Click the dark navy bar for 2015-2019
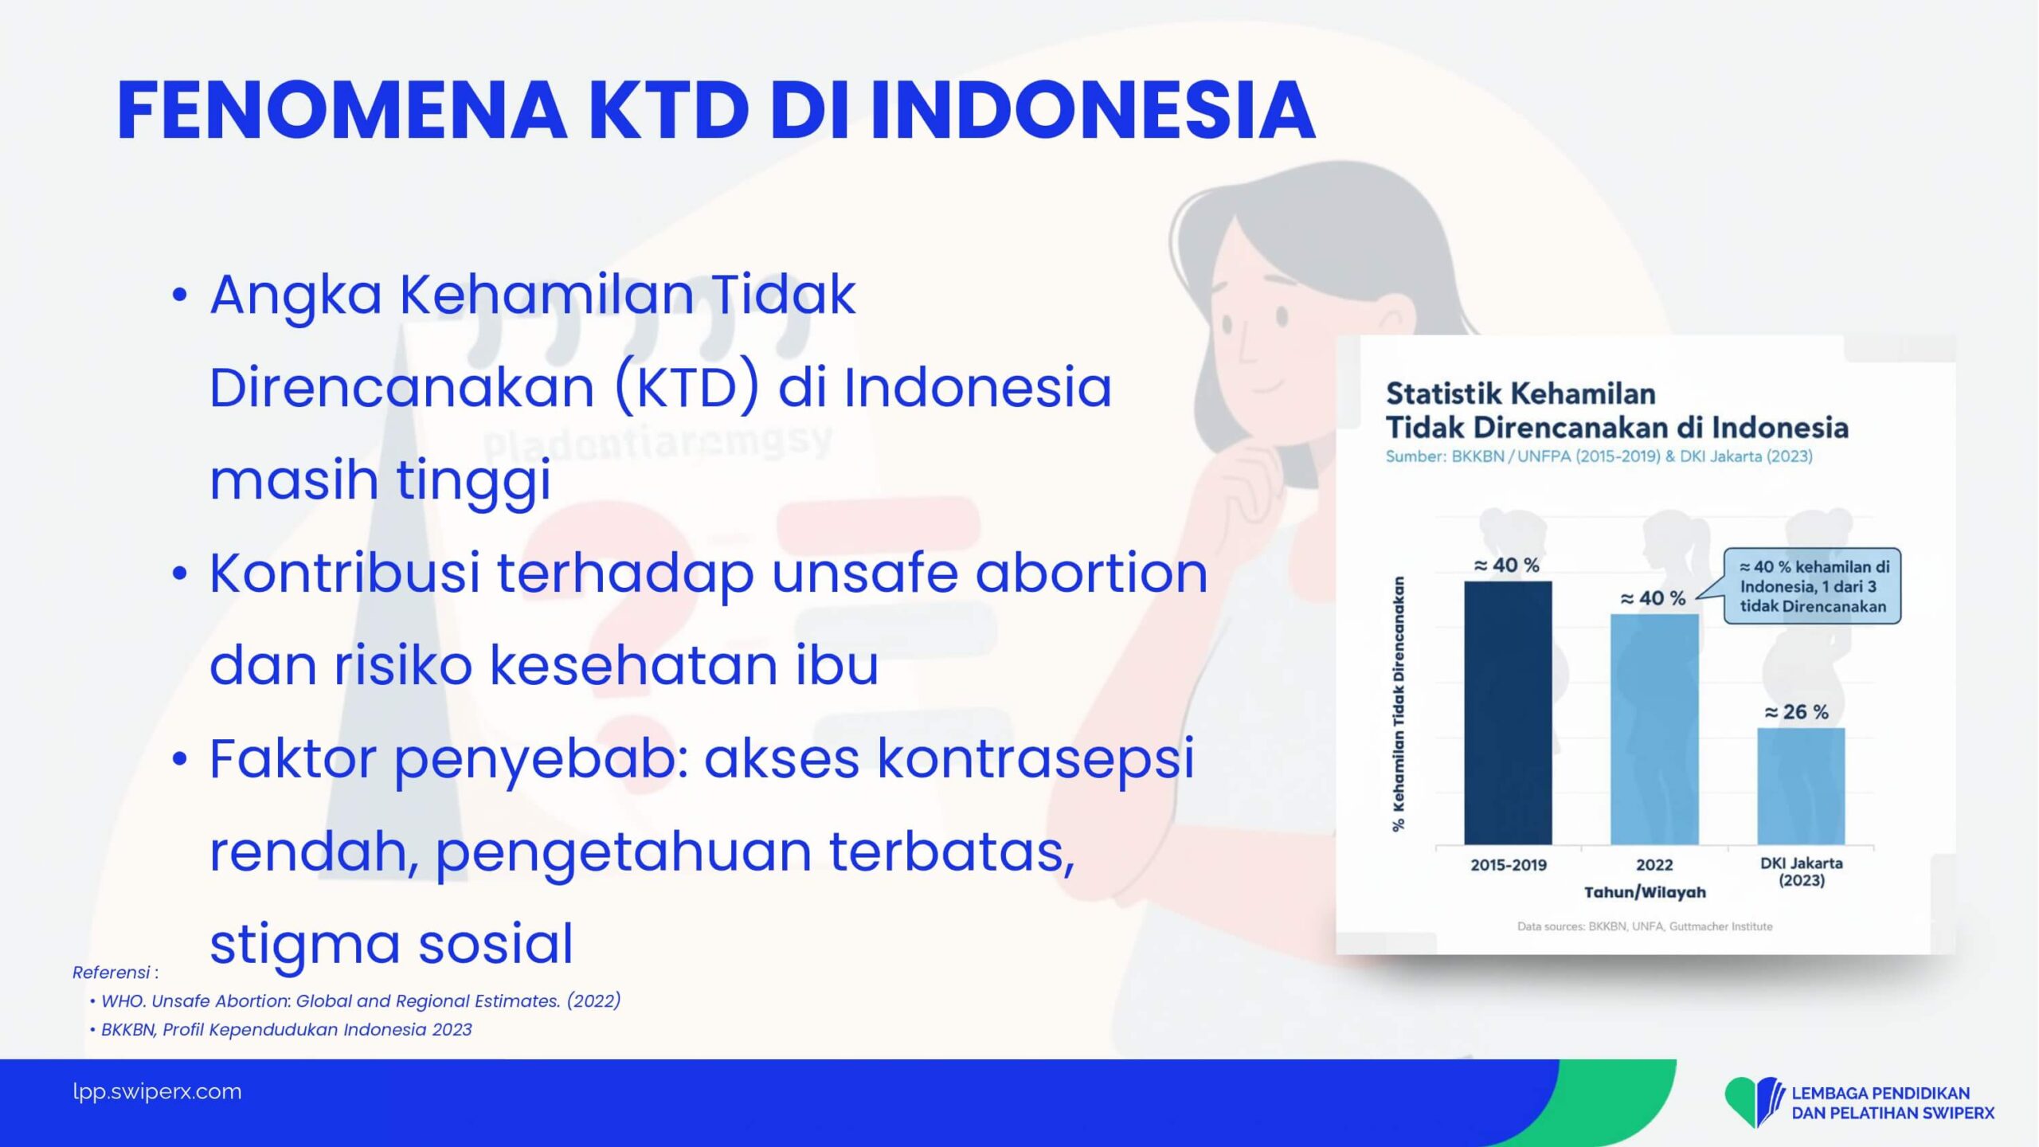[1508, 713]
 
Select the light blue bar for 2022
[1654, 730]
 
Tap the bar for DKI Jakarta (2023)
[1801, 786]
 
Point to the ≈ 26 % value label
[1796, 711]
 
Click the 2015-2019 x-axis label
[1508, 865]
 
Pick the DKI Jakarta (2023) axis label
[1802, 871]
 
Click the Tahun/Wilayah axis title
[1645, 893]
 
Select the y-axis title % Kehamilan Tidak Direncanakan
[1399, 704]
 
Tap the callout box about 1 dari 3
[1813, 586]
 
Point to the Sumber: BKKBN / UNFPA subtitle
[1599, 456]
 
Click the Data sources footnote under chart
[1645, 926]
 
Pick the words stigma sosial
[391, 945]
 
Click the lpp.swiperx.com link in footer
[157, 1092]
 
